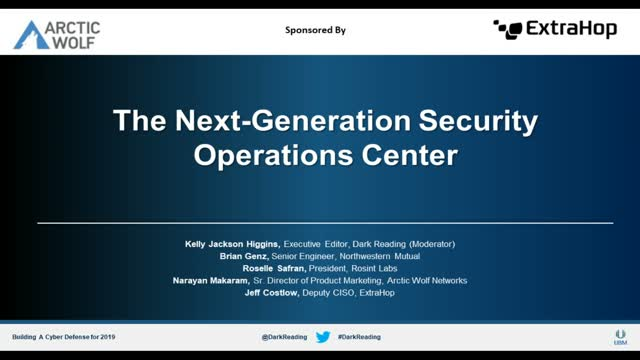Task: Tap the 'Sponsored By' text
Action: click(317, 30)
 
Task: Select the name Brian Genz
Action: click(255, 256)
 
